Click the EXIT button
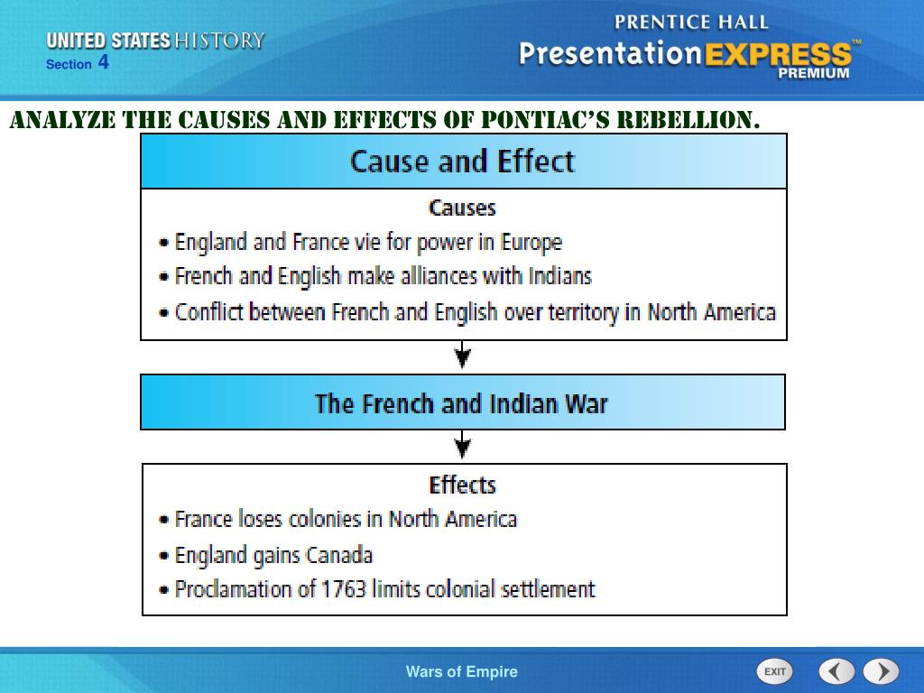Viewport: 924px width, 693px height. click(774, 671)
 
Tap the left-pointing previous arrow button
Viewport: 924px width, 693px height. click(836, 671)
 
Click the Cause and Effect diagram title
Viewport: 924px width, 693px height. click(462, 162)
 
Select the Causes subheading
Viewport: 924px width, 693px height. click(462, 208)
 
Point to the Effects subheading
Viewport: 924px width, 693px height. click(462, 485)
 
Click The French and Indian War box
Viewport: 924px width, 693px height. click(462, 402)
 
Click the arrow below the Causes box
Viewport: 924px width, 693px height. click(462, 356)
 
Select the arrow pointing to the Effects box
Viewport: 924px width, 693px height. click(462, 445)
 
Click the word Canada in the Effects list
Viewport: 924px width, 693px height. click(339, 555)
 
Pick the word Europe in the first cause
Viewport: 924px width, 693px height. click(531, 243)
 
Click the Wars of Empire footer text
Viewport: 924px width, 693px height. click(462, 671)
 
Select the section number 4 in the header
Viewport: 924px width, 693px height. click(104, 62)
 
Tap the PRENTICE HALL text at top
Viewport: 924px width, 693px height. click(691, 23)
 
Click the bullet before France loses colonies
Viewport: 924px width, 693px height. click(163, 521)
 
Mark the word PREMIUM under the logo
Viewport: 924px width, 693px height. click(813, 74)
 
